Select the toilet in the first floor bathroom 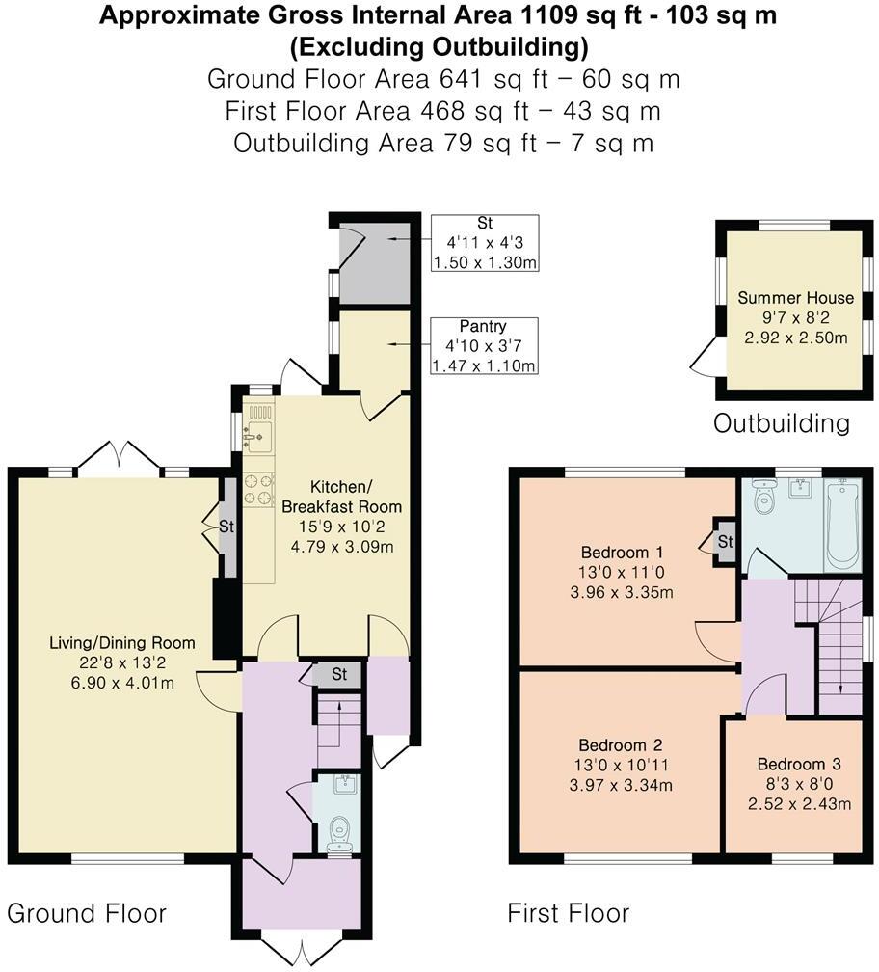(764, 499)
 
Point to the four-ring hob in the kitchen (258, 490)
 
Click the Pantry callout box (484, 346)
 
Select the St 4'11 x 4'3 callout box (484, 243)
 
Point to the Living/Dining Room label (122, 643)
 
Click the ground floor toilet (338, 832)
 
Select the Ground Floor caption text (87, 913)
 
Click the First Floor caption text (569, 913)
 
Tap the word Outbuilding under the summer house (782, 422)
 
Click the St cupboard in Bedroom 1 (724, 543)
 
